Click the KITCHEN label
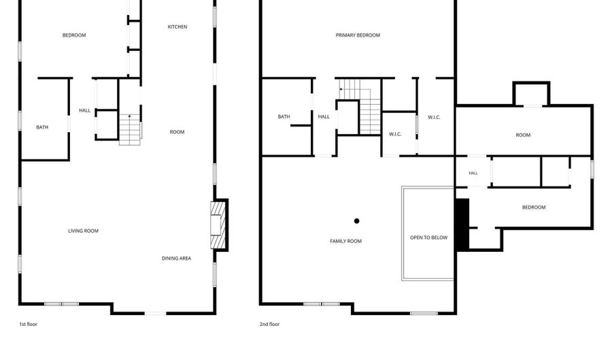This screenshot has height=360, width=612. point(177,27)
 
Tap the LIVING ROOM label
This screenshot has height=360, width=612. point(83,231)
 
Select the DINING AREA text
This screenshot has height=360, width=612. point(176,258)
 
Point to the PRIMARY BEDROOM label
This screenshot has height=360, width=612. point(358,35)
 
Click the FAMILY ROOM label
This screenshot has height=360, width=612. point(346,242)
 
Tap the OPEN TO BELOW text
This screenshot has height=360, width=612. point(428,238)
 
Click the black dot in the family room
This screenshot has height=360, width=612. point(356,221)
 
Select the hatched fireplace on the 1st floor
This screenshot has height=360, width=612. point(218,225)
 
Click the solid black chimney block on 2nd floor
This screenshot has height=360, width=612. point(462,225)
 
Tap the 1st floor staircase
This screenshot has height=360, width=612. point(130,129)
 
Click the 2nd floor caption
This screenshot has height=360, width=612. point(270,324)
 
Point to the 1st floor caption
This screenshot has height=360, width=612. point(29,324)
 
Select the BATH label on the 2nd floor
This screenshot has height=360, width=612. point(284,117)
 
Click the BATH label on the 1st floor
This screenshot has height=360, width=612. point(42,127)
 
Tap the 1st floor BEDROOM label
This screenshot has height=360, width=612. point(74,35)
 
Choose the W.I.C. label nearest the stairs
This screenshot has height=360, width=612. point(395,134)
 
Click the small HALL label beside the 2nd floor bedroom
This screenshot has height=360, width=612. point(473,173)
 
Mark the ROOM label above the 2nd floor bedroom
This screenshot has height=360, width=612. point(523,135)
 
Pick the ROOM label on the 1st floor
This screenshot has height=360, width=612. point(177,132)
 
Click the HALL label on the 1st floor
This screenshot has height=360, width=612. point(85,110)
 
